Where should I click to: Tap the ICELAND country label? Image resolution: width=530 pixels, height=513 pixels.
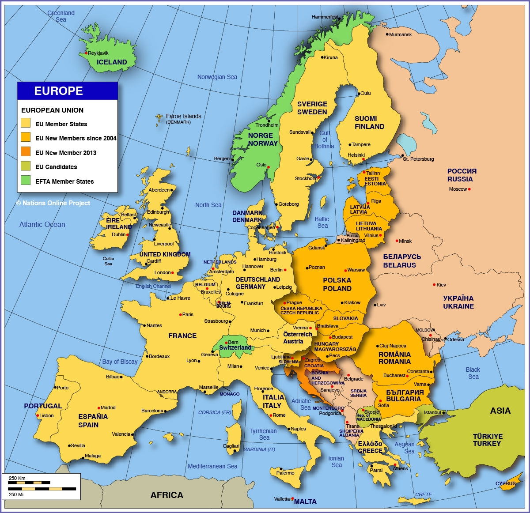pos(112,62)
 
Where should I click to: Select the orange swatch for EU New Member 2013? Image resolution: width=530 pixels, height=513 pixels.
pos(26,152)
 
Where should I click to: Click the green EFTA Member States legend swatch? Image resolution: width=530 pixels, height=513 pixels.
pos(26,181)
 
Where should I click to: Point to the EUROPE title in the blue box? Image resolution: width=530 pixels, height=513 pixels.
pos(59,91)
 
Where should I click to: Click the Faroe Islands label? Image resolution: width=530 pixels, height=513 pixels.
pos(183,116)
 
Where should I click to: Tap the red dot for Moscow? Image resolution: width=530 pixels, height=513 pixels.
pos(469,189)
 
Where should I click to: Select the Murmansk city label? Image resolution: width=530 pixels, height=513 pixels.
pos(401,34)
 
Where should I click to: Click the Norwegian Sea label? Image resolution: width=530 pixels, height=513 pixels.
pos(217,77)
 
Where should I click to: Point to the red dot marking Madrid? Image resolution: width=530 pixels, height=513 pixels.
pos(99,407)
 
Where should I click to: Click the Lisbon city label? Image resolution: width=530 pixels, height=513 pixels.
pos(46,415)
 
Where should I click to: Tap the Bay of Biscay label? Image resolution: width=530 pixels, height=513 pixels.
pos(120,362)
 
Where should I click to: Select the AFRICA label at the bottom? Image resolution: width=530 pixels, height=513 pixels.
pos(167,495)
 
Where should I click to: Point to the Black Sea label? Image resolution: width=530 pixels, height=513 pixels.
pos(473,373)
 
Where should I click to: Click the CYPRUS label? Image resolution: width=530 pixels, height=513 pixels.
pos(505,483)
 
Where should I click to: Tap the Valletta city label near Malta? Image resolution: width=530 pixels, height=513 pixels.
pos(282,499)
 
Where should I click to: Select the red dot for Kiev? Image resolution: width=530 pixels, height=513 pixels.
pos(434,285)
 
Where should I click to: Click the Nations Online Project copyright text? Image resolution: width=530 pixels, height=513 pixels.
pos(53,203)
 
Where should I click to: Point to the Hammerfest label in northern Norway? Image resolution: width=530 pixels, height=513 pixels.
pos(325,17)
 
